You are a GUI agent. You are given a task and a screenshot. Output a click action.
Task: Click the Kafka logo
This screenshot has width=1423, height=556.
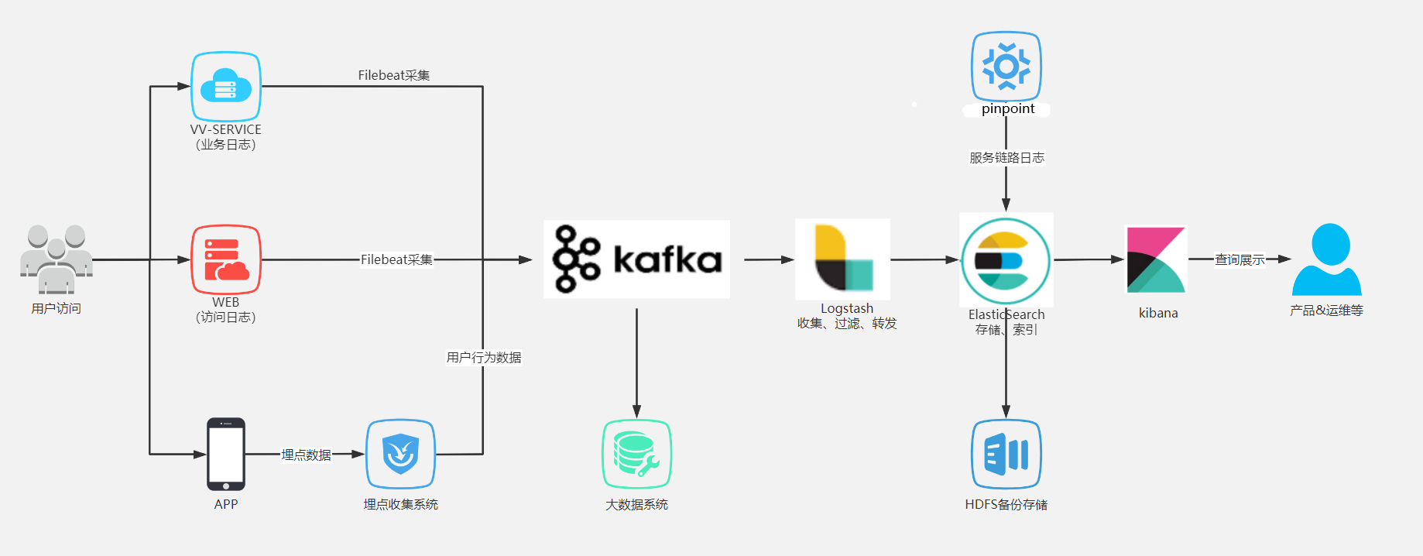coord(636,259)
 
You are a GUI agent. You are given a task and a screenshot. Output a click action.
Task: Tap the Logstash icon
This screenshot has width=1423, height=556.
coord(843,259)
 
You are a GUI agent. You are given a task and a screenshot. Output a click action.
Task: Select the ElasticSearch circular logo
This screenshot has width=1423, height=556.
coord(1006,260)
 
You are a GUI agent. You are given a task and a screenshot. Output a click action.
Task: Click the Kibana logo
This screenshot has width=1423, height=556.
coord(1156,259)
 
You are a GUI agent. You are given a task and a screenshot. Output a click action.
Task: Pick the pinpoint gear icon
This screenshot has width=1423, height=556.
coord(1006,66)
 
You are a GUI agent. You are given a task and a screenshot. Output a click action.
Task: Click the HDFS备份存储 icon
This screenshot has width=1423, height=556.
coord(1006,455)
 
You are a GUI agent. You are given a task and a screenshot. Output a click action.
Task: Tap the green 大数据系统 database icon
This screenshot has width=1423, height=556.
coord(636,455)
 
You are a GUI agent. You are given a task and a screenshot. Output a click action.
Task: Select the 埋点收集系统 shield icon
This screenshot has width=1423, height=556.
coord(401,455)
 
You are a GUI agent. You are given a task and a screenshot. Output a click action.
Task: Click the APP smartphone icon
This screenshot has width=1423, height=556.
coord(226,455)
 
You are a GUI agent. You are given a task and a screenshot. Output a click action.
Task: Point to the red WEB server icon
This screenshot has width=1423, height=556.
coord(226,259)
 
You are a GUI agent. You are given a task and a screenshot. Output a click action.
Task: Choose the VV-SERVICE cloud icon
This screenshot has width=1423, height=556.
coord(226,86)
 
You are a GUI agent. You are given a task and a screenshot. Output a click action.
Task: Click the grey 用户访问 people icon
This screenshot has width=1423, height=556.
coord(57,259)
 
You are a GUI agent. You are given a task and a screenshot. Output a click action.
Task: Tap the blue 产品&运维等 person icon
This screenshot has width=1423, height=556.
coord(1327,259)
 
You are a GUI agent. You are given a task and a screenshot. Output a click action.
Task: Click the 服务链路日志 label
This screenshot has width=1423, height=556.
coord(1006,158)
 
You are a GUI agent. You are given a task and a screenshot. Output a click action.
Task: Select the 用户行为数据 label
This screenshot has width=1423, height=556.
coord(484,358)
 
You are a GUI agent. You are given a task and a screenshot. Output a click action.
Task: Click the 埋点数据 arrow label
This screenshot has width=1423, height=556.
coord(306,455)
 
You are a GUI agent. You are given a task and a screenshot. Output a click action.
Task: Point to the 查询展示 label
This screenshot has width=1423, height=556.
coord(1240,260)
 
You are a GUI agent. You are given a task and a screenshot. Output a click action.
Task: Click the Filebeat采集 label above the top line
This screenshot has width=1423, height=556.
coord(394,75)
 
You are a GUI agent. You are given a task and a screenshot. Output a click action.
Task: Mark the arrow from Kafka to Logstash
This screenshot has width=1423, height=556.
coord(770,259)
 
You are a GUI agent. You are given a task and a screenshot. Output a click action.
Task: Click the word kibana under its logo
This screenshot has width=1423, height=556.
coord(1158,313)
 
